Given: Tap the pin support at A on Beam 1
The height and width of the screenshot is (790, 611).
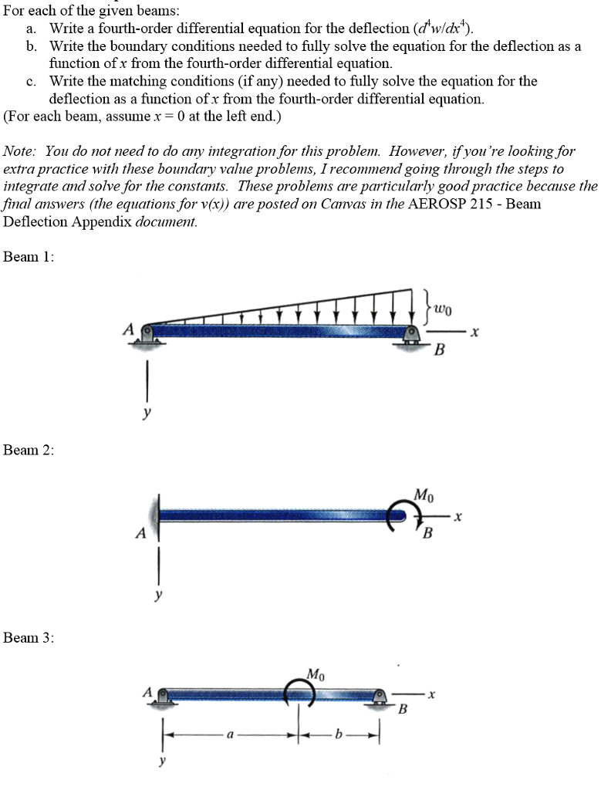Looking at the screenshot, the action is point(147,336).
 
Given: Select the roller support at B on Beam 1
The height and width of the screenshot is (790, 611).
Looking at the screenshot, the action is point(411,336).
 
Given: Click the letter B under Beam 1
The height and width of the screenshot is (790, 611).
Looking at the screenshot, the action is point(439,349).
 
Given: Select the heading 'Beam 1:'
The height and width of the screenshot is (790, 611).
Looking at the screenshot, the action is point(29,256).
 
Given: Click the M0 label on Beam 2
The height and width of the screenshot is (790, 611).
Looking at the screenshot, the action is point(424,495).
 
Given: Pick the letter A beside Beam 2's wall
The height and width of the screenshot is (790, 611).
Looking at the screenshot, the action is point(141,532).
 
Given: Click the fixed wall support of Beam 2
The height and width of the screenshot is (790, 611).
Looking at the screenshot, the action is point(156,517).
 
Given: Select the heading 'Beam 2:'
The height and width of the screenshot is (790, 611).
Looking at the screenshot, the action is point(29,450).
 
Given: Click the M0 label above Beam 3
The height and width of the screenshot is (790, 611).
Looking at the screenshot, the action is point(316,674).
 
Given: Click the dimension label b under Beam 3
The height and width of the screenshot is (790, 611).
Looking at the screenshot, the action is point(339,734).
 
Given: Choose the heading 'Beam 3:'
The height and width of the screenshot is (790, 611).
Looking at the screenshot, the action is point(29,637).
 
